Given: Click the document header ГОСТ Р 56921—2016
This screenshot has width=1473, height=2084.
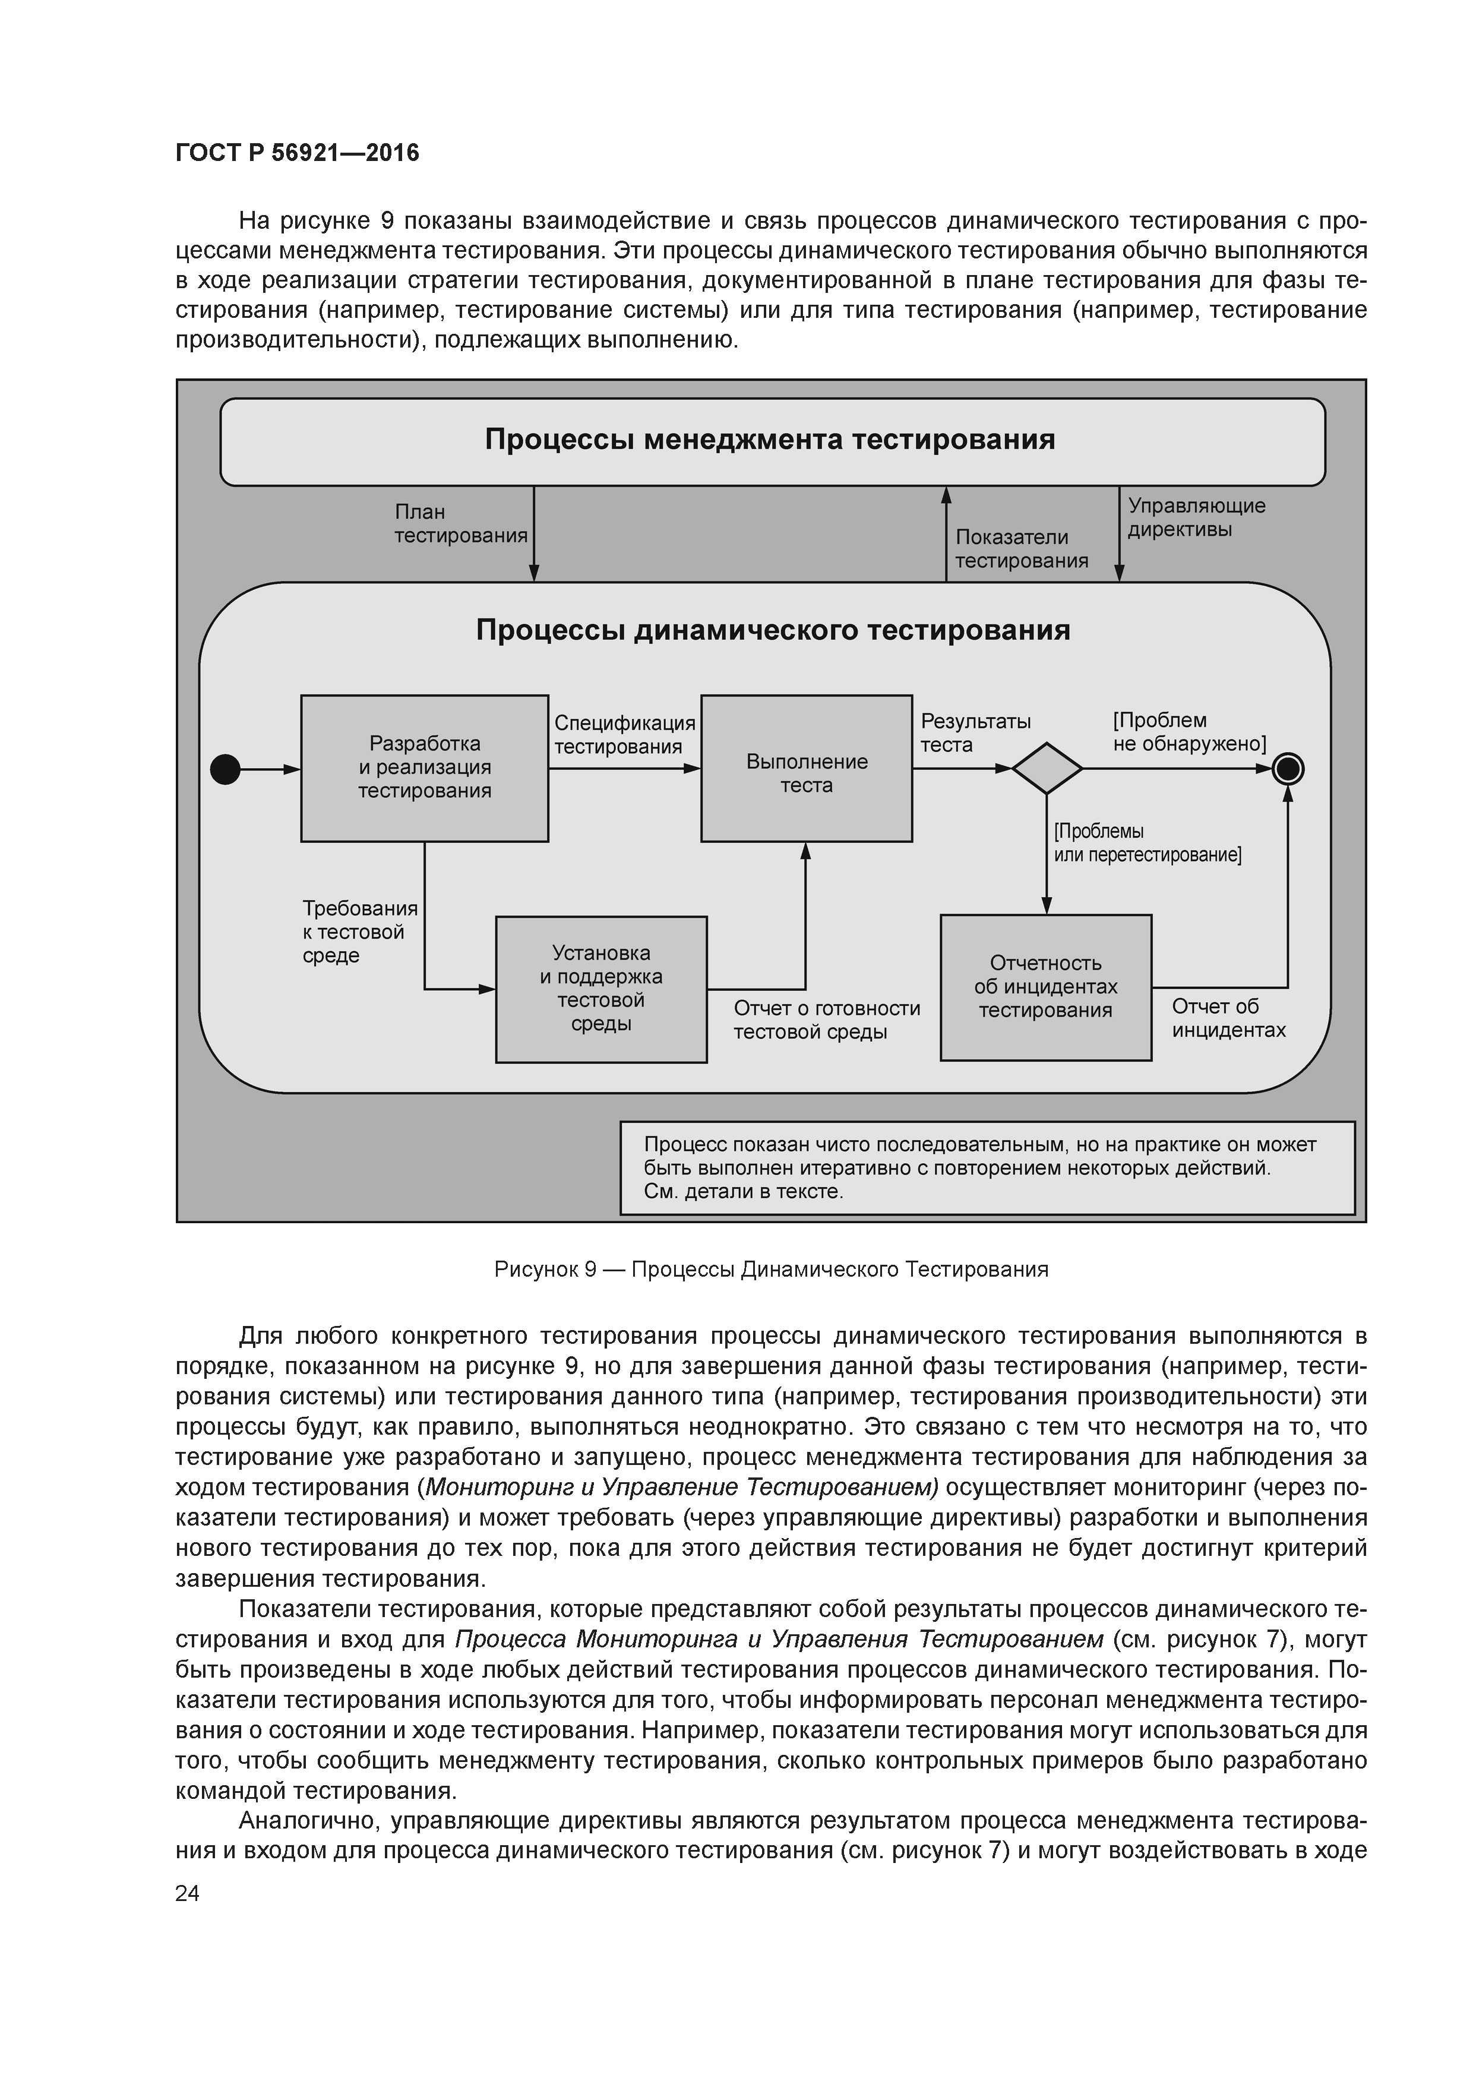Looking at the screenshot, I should coord(297,153).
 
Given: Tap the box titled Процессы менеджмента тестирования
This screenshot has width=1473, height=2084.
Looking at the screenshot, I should coord(772,442).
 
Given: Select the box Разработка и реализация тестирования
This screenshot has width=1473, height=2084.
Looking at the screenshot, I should coord(424,768).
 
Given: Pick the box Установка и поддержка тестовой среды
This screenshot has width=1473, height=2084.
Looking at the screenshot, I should coord(601,989).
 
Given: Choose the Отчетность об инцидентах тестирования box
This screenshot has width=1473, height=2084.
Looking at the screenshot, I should coord(1045,987).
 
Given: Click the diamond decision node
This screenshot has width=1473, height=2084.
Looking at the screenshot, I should coord(1047,769).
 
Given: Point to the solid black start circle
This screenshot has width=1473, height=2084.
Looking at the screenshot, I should coord(225,770).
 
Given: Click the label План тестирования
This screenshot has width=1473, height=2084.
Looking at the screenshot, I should coord(460,525).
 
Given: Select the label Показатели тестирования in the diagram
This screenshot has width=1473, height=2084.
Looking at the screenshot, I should coord(1021,549).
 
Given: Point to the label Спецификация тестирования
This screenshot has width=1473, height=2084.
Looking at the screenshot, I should coord(624,735).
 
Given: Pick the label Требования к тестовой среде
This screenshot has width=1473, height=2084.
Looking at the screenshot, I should coord(359,932).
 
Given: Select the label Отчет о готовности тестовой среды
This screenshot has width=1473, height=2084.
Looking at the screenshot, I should coord(826,1020).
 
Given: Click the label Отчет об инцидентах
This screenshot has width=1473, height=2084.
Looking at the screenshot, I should coord(1228,1018).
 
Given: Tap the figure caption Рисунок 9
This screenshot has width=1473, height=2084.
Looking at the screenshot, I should coord(770,1270).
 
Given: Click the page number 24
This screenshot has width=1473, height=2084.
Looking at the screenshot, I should coord(187,1893).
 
